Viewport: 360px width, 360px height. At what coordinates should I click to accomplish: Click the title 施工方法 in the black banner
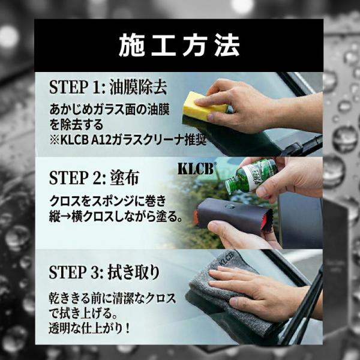click(179, 46)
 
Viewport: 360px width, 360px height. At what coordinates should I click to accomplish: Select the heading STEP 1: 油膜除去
click(108, 88)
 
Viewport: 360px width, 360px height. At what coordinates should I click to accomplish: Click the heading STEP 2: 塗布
click(94, 178)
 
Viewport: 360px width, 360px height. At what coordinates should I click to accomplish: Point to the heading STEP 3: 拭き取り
click(104, 272)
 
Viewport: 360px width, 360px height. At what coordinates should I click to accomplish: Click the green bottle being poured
click(251, 175)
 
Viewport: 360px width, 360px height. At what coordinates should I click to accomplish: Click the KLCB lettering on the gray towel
click(226, 259)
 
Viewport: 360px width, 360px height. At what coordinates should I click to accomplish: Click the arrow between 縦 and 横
click(65, 217)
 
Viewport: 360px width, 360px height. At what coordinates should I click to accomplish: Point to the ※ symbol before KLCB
click(54, 140)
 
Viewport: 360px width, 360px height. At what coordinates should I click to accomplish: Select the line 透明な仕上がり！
click(89, 329)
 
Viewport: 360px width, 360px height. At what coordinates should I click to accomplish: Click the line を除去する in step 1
click(76, 125)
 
